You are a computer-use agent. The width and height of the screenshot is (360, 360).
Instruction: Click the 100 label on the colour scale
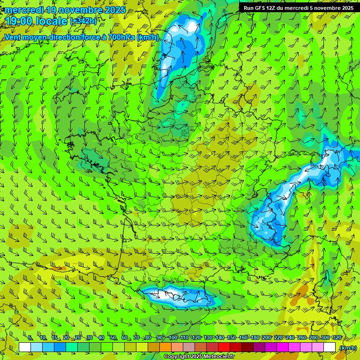point(173,338)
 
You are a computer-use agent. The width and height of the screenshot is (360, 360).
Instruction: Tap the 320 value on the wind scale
point(337,338)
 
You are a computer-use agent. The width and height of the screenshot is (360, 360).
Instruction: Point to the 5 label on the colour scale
point(30,338)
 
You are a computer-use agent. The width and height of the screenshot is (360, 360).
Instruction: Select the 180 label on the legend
point(255,338)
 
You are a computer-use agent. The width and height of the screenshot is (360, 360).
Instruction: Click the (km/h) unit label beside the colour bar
point(347,348)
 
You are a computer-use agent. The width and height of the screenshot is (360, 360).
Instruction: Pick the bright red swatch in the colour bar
point(225,347)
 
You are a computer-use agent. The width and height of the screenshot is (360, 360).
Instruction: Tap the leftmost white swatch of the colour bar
point(25,347)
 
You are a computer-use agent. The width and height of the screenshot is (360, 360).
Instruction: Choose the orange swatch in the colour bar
point(165,347)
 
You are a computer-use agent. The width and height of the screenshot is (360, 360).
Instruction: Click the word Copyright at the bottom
point(176,357)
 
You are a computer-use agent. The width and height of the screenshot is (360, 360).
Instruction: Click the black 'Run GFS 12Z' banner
point(298,8)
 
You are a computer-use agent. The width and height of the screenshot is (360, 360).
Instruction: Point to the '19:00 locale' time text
point(37,21)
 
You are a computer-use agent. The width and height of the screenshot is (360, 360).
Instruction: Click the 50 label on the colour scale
point(112,338)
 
